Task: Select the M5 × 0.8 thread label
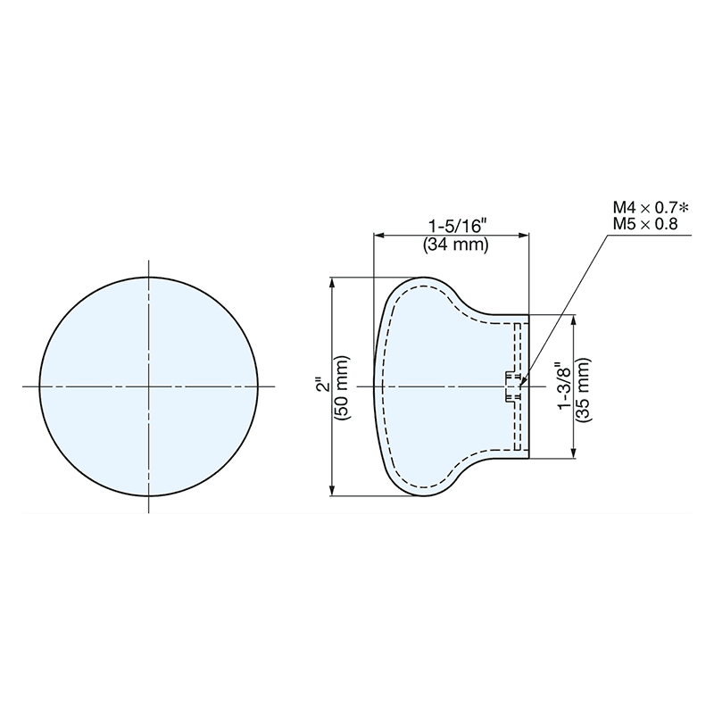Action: (644, 223)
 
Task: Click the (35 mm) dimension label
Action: (585, 386)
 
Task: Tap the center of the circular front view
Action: (149, 386)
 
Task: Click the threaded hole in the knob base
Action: (512, 386)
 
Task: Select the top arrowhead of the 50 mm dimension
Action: (334, 282)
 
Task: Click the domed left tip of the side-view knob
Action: (374, 386)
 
